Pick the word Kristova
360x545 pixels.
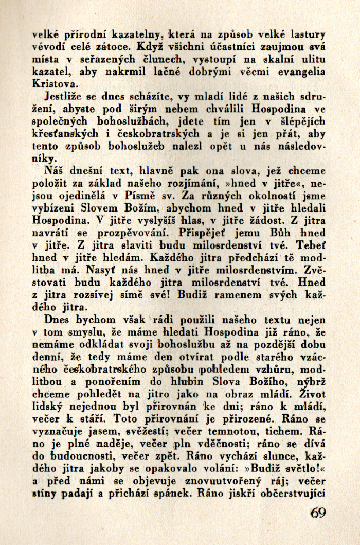click(55, 83)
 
